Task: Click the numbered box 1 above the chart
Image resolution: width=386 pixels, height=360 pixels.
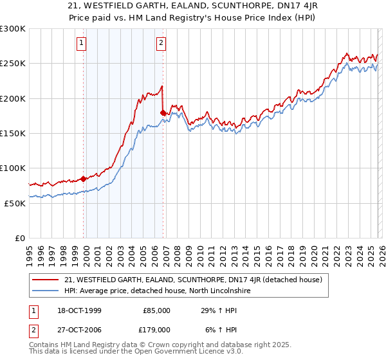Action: [x=82, y=44]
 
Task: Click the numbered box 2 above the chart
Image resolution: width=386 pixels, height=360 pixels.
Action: [x=160, y=44]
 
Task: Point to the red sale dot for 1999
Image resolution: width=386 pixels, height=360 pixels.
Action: [x=84, y=179]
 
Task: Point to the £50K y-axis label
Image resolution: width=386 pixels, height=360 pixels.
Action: [x=15, y=203]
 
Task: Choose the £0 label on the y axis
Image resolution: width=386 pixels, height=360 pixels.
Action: [x=21, y=238]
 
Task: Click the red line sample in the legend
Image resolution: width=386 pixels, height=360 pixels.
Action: [x=46, y=280]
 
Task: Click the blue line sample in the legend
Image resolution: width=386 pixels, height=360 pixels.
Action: [x=46, y=291]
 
